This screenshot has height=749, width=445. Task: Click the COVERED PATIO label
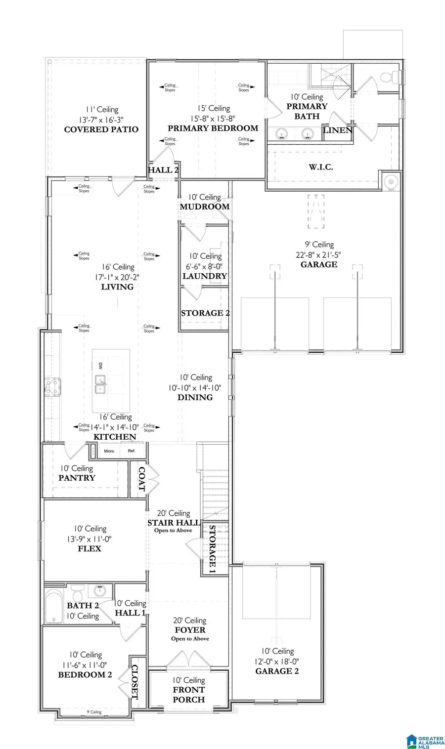(x=101, y=129)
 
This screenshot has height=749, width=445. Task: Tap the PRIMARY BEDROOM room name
(x=213, y=128)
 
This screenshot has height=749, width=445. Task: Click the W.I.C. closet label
(x=321, y=167)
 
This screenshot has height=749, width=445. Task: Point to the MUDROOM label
(x=204, y=207)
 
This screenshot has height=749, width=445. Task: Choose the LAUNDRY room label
(x=204, y=276)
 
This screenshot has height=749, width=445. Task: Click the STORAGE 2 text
(x=205, y=313)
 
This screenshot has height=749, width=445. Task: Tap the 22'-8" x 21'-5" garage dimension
(x=319, y=254)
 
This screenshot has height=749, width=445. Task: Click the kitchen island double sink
(x=100, y=384)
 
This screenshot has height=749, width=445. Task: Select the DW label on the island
(x=100, y=366)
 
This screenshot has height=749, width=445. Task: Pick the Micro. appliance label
(x=109, y=451)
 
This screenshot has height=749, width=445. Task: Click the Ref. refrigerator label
(x=132, y=451)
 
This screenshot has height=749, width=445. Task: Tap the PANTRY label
(x=77, y=478)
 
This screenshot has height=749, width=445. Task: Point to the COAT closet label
(x=142, y=479)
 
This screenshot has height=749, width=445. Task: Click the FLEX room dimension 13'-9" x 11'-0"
(x=89, y=539)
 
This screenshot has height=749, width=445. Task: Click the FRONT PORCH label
(x=188, y=694)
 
